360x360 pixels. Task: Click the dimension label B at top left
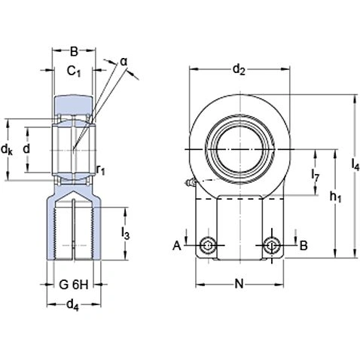(74, 52)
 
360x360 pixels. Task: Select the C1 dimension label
(74, 72)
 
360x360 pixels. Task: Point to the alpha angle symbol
(123, 61)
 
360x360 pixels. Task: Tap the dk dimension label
(8, 150)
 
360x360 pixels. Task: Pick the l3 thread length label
(126, 235)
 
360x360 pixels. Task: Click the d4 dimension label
(74, 305)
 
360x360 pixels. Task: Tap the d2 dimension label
(239, 70)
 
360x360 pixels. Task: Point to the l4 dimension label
(355, 166)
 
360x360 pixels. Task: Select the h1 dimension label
(336, 197)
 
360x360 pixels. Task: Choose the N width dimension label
(239, 284)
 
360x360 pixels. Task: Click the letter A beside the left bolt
(178, 246)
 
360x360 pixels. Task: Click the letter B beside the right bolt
(304, 246)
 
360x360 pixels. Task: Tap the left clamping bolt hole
(209, 246)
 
